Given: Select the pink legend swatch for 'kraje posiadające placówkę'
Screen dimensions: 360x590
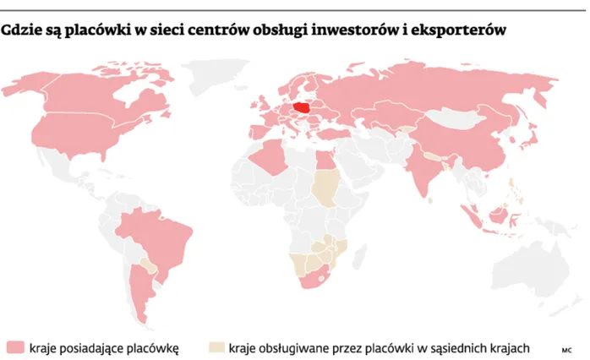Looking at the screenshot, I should click(16, 346).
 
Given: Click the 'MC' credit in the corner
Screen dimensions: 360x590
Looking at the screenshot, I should click(566, 348).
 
